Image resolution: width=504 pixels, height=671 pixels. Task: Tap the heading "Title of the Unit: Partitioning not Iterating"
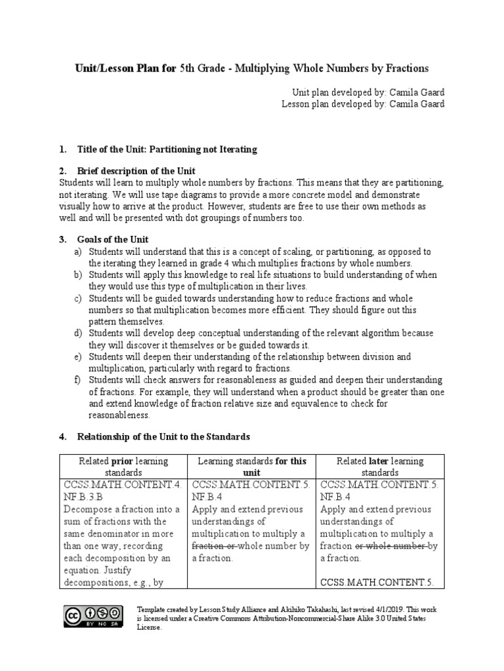coord(167,149)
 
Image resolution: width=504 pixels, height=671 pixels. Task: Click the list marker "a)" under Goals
coord(78,252)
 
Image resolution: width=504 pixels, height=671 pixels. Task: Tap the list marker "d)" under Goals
coord(78,334)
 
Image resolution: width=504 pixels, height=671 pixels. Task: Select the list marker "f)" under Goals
coord(78,380)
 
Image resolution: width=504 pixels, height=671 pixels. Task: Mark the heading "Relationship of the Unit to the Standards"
coord(163,436)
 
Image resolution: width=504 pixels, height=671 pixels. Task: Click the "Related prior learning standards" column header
coord(123,467)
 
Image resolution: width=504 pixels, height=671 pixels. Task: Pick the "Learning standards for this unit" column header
coord(252,467)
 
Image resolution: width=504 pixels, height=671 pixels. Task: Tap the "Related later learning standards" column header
coord(380,467)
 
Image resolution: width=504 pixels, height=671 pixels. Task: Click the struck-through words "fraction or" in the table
coord(214,545)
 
